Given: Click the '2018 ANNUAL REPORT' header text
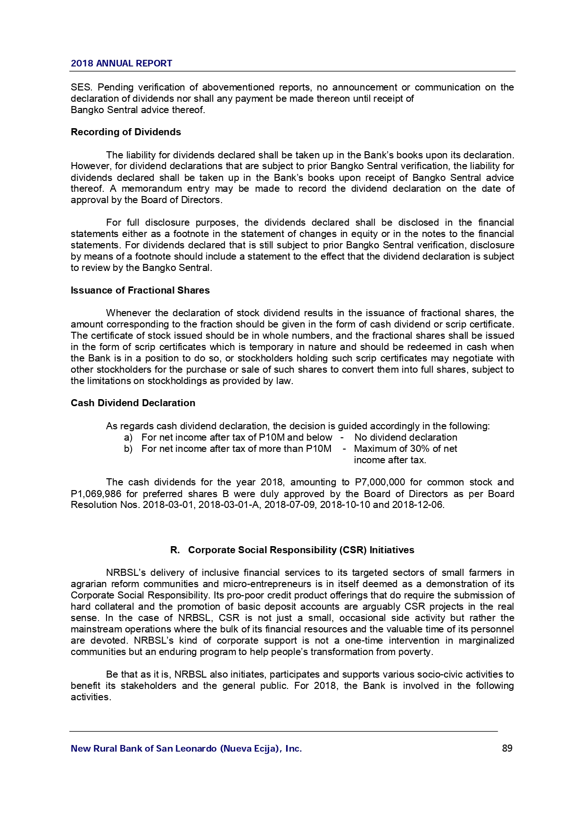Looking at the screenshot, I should tap(121, 64).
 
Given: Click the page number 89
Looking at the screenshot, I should tap(507, 748).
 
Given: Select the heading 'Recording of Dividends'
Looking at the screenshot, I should tap(126, 132).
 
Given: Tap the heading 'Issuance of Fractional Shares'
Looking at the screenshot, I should tap(140, 290).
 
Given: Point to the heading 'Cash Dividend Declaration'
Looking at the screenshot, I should tap(133, 403).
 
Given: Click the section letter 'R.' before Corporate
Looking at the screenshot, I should tap(175, 550).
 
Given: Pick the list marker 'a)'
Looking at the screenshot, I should tap(128, 437).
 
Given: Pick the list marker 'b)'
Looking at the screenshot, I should tap(128, 449).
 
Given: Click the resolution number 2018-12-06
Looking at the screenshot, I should tap(418, 505).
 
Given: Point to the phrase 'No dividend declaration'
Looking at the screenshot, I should tap(405, 437).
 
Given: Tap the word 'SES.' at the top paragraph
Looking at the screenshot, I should tap(81, 87).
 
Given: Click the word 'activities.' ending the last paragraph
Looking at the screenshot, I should tap(91, 697).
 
